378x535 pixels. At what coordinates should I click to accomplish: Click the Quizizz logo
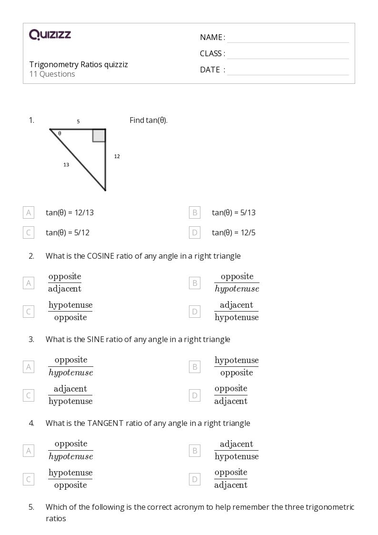(50, 34)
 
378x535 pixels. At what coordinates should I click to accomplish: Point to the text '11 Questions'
(52, 74)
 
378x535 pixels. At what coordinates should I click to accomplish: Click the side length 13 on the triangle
(66, 165)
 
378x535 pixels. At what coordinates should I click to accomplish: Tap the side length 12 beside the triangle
(117, 156)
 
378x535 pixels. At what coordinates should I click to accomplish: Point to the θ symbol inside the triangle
(60, 134)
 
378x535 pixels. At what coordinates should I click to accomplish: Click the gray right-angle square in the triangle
(99, 135)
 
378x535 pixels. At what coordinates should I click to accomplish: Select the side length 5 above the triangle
(78, 121)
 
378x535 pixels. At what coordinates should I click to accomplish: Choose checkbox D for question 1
(194, 232)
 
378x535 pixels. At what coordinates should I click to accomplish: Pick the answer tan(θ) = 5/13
(234, 212)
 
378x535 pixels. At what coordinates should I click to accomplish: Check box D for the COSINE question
(194, 312)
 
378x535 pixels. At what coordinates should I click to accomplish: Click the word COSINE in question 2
(100, 256)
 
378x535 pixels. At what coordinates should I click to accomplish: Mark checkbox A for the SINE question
(29, 367)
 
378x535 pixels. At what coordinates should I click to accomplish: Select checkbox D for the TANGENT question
(194, 479)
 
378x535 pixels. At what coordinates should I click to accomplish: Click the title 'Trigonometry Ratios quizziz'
(79, 64)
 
